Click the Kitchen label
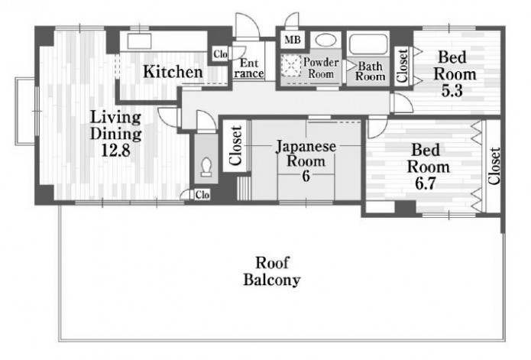click(173, 72)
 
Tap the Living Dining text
click(115, 125)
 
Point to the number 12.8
click(116, 151)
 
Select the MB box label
click(293, 40)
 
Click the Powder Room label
click(321, 68)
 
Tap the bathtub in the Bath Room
click(368, 44)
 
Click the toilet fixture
click(206, 167)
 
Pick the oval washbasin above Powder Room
click(325, 40)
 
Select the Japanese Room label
click(306, 154)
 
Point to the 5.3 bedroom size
click(452, 90)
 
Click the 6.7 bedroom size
click(426, 183)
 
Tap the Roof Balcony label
click(272, 271)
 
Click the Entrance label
click(248, 68)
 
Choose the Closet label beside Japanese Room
click(235, 145)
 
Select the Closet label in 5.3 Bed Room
click(402, 66)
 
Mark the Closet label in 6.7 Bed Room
click(494, 166)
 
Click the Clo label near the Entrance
click(221, 54)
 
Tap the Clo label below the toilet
click(202, 195)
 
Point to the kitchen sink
click(139, 41)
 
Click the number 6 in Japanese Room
click(306, 176)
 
